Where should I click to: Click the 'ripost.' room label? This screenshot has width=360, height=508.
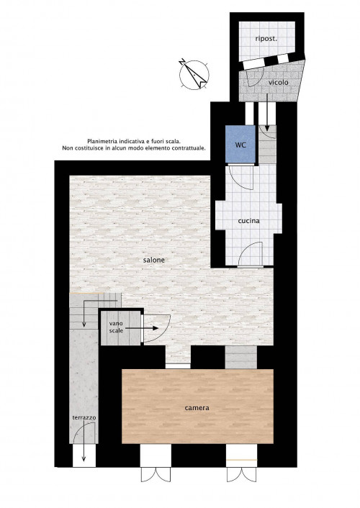click(266, 39)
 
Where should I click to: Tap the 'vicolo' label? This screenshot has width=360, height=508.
click(278, 83)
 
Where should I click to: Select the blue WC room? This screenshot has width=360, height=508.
click(240, 144)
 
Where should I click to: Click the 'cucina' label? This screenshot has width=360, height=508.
click(248, 221)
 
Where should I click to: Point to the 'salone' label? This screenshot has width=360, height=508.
click(154, 260)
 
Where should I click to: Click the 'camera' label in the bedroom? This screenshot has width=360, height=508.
click(197, 408)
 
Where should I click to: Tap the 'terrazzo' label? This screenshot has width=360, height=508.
click(84, 417)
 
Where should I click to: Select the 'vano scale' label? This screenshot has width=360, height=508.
click(116, 327)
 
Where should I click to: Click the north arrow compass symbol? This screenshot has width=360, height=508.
click(194, 74)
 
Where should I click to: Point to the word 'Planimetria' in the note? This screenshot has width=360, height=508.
click(102, 141)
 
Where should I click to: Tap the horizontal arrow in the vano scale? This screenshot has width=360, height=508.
click(142, 328)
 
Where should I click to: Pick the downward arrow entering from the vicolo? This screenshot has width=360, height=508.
click(267, 112)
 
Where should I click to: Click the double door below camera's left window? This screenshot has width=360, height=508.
click(156, 475)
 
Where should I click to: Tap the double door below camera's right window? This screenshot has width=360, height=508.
click(241, 475)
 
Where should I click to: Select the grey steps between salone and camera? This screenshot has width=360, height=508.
click(241, 358)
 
